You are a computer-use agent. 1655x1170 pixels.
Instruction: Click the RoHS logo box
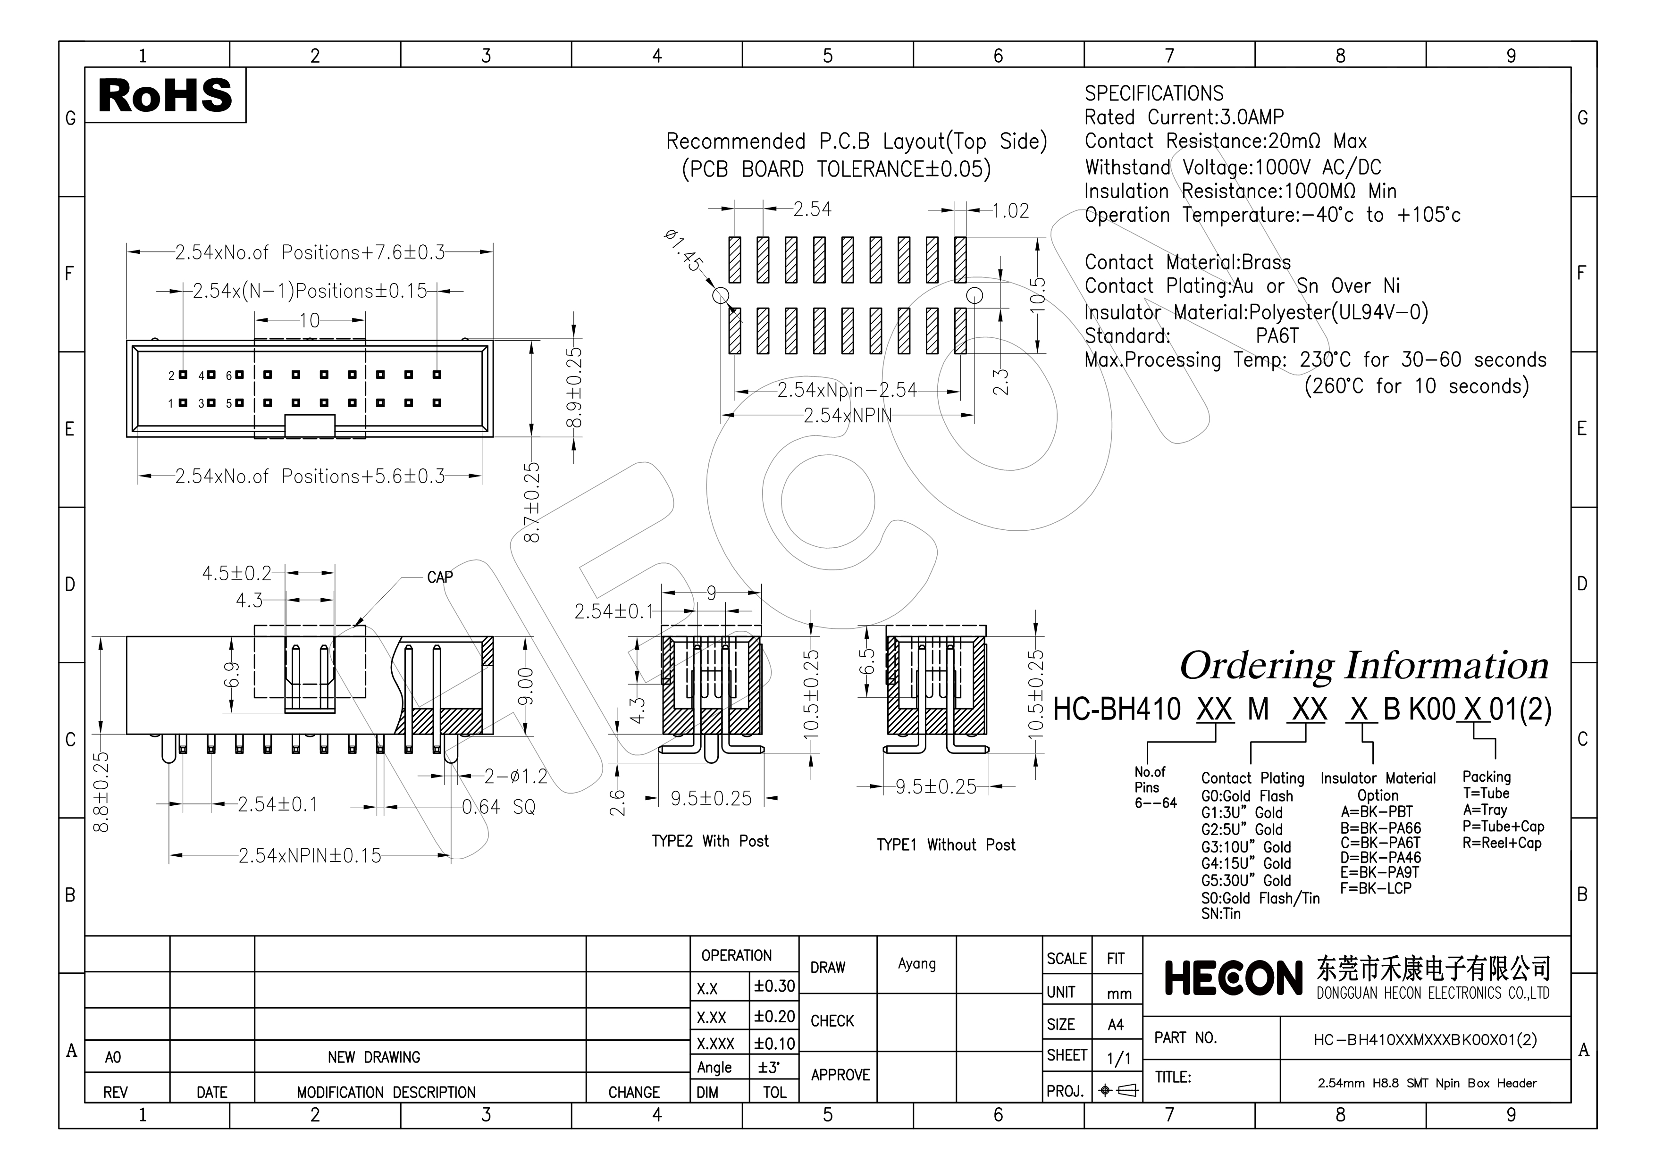pyautogui.click(x=165, y=95)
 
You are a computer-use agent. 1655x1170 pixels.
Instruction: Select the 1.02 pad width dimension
pyautogui.click(x=1010, y=211)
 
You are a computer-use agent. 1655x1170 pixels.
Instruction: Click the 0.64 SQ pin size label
pyautogui.click(x=499, y=807)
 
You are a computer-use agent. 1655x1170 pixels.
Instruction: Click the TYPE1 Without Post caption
pyautogui.click(x=946, y=845)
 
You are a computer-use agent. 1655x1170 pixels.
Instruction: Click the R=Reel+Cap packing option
pyautogui.click(x=1502, y=843)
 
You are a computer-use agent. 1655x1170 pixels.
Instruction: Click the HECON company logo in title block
pyautogui.click(x=1233, y=979)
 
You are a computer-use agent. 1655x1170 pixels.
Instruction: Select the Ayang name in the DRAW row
pyautogui.click(x=917, y=964)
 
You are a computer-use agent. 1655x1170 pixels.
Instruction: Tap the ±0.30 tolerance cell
pyautogui.click(x=774, y=986)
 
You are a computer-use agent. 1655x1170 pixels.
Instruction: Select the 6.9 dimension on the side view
pyautogui.click(x=231, y=674)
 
